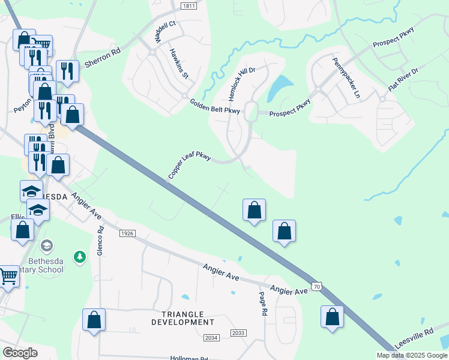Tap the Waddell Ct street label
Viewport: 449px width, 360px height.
(x=164, y=32)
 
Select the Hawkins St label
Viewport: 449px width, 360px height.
(x=179, y=64)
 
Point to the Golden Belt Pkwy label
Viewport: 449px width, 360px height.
(x=215, y=106)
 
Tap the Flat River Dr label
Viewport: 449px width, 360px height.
(x=402, y=79)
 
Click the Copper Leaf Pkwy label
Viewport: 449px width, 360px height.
(x=189, y=166)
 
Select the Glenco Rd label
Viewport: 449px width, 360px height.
(x=100, y=241)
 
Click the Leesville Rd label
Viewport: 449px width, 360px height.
(x=414, y=339)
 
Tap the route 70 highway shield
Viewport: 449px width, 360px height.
(x=316, y=287)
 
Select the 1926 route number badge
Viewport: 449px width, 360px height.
(x=127, y=233)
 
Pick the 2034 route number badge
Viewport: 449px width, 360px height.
(x=211, y=338)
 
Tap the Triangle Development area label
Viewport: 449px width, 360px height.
(x=182, y=318)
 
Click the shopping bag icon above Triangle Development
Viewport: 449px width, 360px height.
(x=94, y=319)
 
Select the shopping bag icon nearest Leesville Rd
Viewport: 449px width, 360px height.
(x=332, y=317)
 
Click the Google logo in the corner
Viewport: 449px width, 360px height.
(x=20, y=353)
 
